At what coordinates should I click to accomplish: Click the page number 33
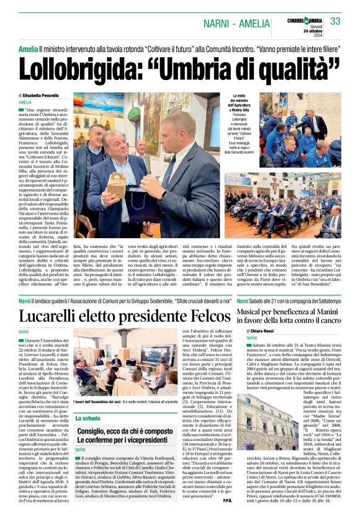coord(335,20)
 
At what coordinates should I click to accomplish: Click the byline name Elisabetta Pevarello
coord(47,94)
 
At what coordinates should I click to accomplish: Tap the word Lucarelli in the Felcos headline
coord(59,316)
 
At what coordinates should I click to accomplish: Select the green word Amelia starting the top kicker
coord(28,48)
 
